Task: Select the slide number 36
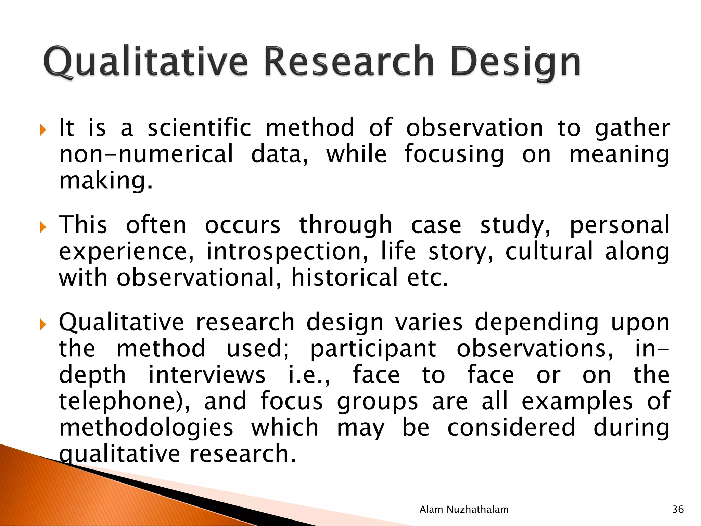pos(678,509)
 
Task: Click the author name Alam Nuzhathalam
pos(464,509)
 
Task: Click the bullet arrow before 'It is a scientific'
pos(42,130)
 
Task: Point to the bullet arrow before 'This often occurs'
pos(42,227)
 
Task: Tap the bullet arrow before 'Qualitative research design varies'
pos(42,324)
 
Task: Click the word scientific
pos(199,128)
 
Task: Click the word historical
pos(344,277)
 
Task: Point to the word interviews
pos(207,375)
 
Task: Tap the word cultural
pos(549,251)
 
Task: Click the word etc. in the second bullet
pos(428,278)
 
